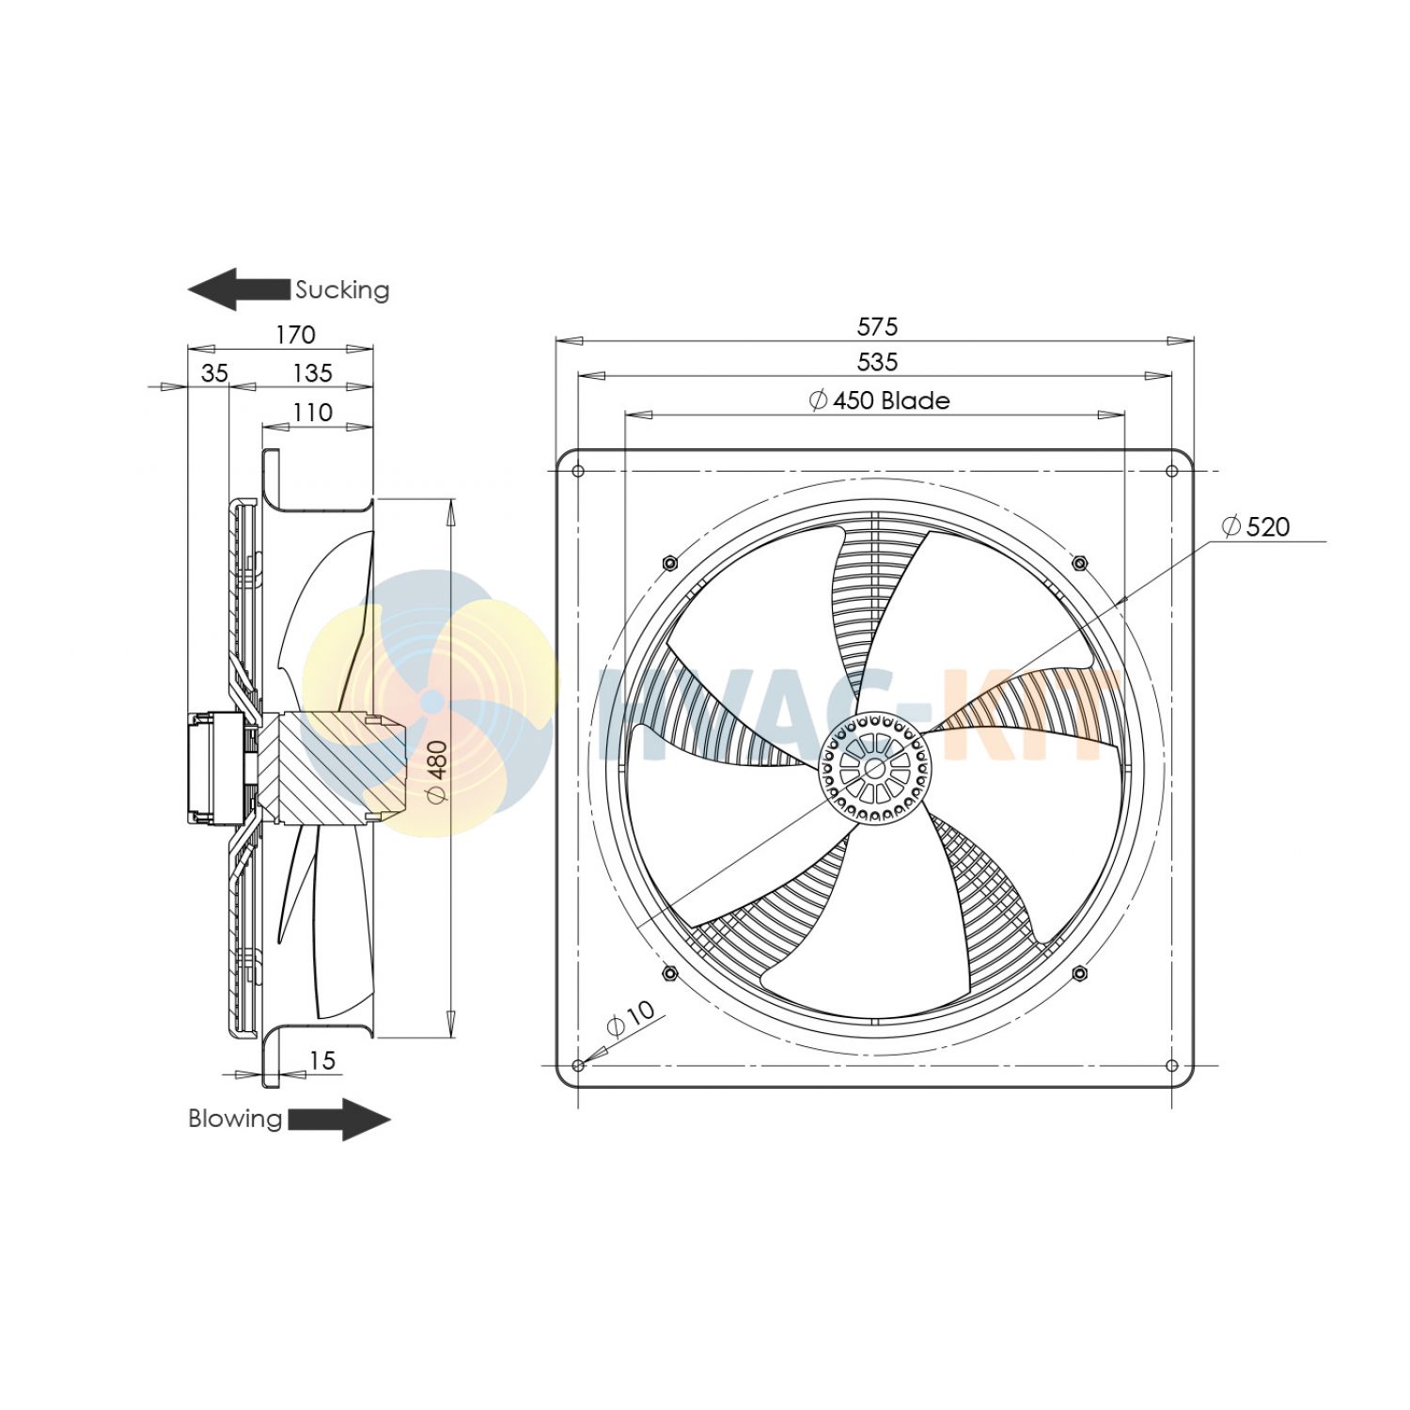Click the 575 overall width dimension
[877, 326]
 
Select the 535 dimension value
[877, 362]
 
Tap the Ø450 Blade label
[880, 400]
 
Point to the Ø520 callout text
[1256, 526]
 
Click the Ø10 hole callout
[631, 1018]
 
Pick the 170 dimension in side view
[295, 335]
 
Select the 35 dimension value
[214, 373]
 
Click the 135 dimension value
[312, 373]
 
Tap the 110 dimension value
[312, 413]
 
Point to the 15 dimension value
[321, 1060]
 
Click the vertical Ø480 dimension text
[437, 772]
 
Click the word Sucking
[342, 290]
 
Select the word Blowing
[235, 1119]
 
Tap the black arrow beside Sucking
[239, 289]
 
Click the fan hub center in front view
[874, 768]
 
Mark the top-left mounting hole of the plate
[578, 471]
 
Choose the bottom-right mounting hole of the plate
[1171, 1065]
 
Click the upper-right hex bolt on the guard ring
[1079, 563]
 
